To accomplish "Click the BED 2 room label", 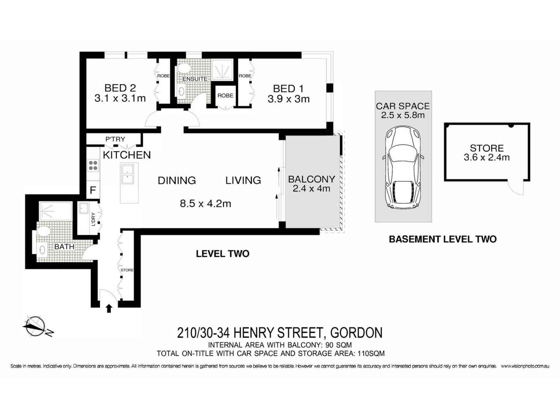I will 120,88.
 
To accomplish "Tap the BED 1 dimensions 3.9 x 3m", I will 288,99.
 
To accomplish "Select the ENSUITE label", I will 195,79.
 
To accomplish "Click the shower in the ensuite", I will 222,69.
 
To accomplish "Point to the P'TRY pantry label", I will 115,139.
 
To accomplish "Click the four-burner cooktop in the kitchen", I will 93,165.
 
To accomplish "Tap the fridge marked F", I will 93,190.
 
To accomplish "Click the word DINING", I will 177,180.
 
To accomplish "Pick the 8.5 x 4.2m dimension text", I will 205,204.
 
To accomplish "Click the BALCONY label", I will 311,179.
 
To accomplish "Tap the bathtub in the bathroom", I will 55,211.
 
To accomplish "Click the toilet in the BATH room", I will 43,231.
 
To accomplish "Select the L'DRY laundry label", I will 93,219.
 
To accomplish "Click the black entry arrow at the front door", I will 109,308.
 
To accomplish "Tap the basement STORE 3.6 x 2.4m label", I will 486,153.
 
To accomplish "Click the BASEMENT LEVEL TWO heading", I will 442,239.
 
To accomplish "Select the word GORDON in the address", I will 356,333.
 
